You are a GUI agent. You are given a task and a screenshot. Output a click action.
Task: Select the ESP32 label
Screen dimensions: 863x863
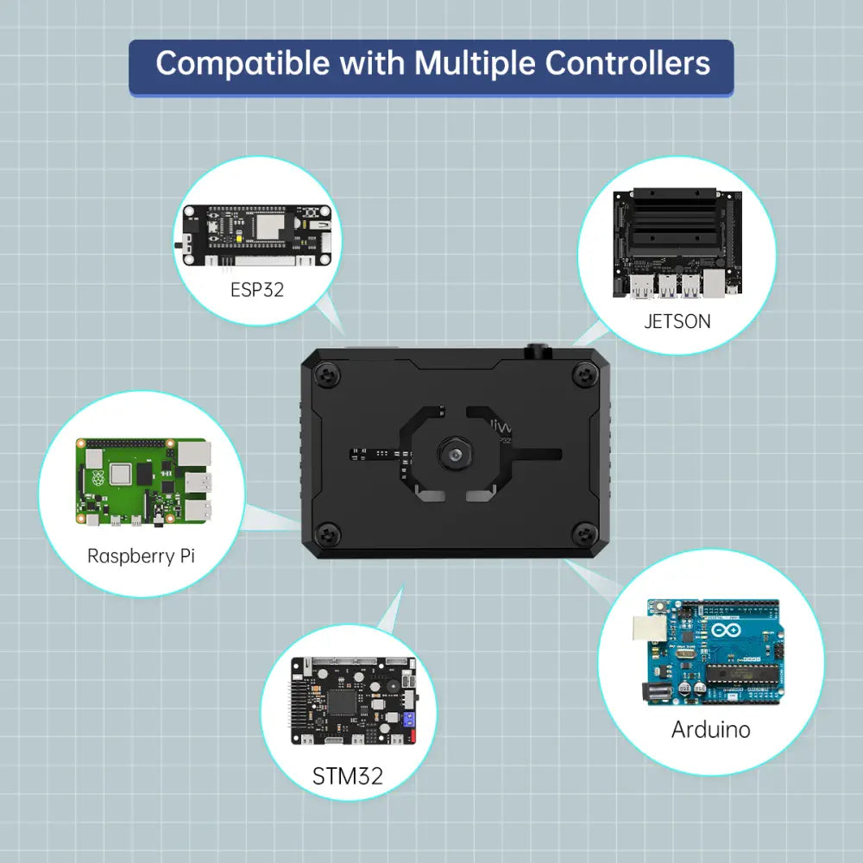coord(256,289)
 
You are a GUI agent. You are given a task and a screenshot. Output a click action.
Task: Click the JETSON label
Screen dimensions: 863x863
coord(677,321)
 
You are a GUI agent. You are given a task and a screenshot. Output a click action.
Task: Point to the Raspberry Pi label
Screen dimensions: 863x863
coord(141,556)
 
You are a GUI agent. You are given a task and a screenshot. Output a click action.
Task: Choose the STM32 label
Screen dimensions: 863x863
coord(347,776)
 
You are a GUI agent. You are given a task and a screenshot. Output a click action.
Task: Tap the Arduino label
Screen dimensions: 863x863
coord(710,729)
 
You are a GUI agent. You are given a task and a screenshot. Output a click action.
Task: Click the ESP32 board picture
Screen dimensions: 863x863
coord(256,235)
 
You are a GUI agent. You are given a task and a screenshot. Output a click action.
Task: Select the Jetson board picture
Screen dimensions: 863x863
coord(677,242)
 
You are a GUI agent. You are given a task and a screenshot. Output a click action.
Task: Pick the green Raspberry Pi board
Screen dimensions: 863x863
coord(145,482)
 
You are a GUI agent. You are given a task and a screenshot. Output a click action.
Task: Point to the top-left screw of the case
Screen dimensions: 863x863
coord(329,375)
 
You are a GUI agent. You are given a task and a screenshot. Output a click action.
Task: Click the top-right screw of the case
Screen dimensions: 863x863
coord(586,375)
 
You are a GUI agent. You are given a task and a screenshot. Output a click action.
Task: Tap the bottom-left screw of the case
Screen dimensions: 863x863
coord(329,531)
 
